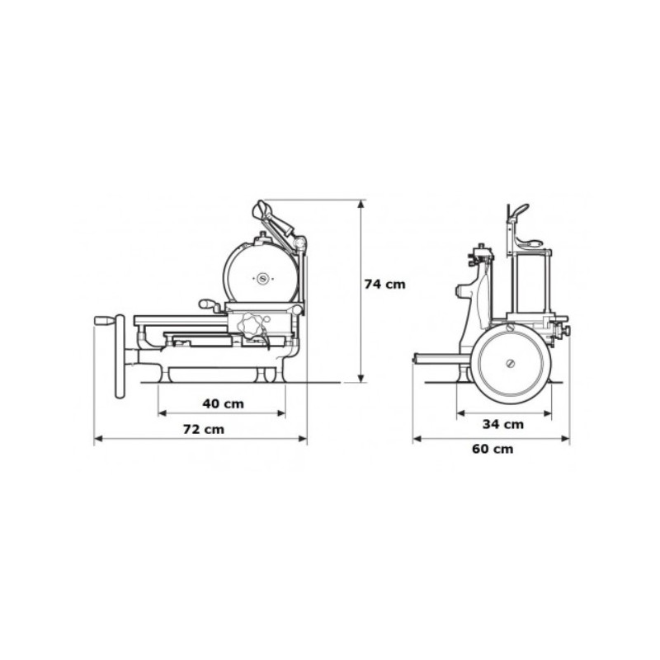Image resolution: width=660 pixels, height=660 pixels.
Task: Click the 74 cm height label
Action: pos(384,285)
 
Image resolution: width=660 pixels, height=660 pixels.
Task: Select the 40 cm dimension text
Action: pos(223,404)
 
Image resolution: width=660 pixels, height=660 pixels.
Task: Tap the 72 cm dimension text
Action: pos(204,430)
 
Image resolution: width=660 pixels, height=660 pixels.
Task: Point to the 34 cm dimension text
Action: pos(503,424)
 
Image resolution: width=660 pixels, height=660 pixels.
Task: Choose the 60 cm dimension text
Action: pos(493,449)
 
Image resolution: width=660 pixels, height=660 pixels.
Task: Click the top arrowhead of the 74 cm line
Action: pos(361,204)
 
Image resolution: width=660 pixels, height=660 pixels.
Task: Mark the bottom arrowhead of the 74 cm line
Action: pos(361,379)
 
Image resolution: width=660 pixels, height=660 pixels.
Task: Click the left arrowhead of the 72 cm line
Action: pos(98,439)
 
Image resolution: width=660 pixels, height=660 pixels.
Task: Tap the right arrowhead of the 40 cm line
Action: pos(281,413)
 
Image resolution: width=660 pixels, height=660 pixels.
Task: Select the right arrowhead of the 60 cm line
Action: pos(565,439)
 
